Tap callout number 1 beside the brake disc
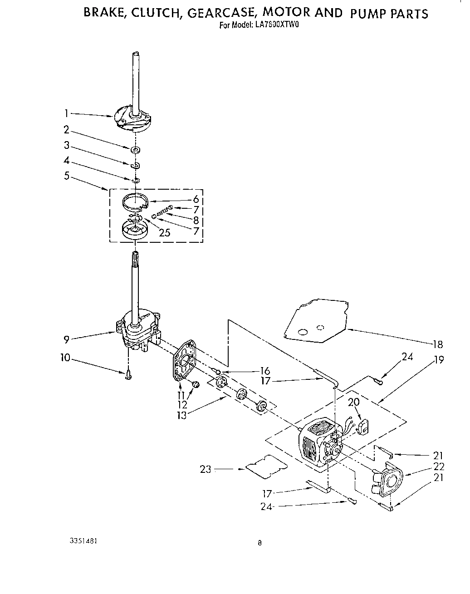click(66, 113)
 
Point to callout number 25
click(165, 233)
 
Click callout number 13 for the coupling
click(181, 415)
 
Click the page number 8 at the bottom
click(259, 542)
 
